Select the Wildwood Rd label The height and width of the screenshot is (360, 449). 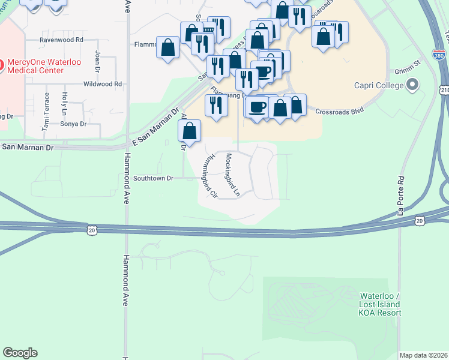[x=103, y=84]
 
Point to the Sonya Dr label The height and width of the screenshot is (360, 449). [x=73, y=124]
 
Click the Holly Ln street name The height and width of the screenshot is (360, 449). [x=64, y=103]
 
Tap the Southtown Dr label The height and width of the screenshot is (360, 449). [x=153, y=178]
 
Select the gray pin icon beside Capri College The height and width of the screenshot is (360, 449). [x=412, y=86]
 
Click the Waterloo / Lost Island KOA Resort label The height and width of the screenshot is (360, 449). [x=380, y=304]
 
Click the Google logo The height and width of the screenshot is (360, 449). [x=20, y=353]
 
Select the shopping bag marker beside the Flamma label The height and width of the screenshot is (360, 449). [x=168, y=47]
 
